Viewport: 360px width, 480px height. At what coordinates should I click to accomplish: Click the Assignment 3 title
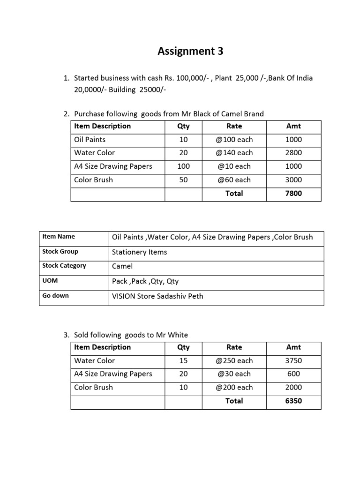point(190,52)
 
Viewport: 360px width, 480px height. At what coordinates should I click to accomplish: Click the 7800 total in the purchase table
point(293,193)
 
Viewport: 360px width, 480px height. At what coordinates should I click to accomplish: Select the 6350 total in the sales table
point(293,401)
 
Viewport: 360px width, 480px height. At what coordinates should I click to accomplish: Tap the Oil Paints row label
point(90,140)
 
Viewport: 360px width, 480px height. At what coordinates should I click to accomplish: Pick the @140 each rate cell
point(234,153)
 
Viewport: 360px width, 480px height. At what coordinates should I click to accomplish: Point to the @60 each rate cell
point(234,180)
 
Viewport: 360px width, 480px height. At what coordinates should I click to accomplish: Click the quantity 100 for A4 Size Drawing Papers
point(183,166)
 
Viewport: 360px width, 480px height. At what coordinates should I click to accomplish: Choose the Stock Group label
point(60,252)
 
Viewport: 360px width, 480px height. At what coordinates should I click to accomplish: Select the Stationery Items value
point(140,252)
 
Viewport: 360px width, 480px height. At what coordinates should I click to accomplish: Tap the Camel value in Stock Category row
point(122,266)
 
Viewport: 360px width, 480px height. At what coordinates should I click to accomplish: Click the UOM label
point(50,281)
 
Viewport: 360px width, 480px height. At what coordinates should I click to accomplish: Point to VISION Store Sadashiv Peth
point(157,296)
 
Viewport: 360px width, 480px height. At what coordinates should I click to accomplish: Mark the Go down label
point(55,296)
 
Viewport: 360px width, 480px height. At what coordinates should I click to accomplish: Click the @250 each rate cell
point(234,361)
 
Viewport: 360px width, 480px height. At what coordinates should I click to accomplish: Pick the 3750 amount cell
point(293,361)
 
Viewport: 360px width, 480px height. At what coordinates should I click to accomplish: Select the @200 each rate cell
point(234,388)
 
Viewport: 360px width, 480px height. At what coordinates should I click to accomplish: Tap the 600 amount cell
point(293,374)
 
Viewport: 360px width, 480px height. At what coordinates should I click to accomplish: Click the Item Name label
point(59,237)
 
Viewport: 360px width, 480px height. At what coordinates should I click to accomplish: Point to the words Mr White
point(174,335)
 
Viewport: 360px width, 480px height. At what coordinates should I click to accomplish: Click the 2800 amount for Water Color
point(293,153)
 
